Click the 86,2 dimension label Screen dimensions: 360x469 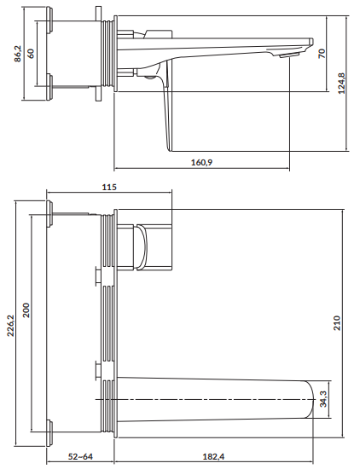point(18,54)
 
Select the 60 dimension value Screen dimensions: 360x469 point(31,54)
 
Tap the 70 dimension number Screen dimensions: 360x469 point(322,54)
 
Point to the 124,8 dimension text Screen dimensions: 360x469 point(341,84)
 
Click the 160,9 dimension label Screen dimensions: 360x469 point(202,162)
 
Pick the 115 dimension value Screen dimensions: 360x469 point(109,188)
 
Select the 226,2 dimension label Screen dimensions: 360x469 point(10,326)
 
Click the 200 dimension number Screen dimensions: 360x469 point(26,310)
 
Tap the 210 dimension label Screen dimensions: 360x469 point(337,322)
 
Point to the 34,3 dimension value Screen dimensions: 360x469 point(323,399)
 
